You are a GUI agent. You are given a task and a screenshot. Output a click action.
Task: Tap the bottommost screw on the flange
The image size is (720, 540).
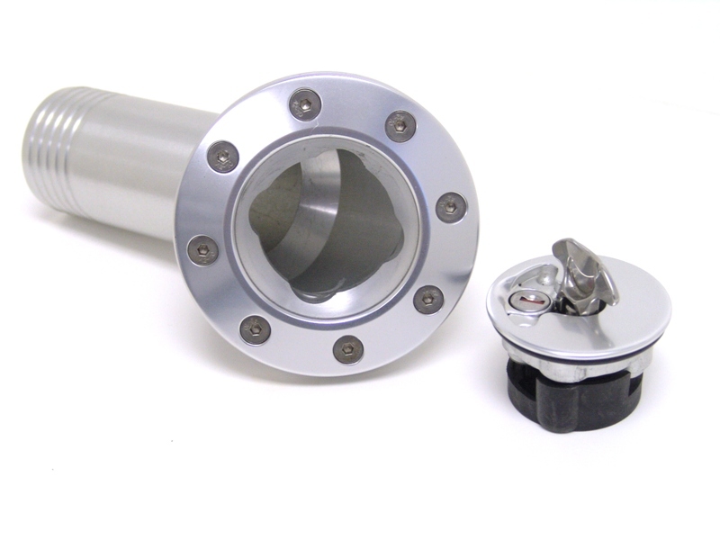point(348,349)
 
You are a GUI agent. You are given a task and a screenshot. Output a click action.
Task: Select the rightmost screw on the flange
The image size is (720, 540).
point(451,207)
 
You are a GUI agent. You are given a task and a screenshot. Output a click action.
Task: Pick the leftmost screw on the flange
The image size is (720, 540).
point(202,249)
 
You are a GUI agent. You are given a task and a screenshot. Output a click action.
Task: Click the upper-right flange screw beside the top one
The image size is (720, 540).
point(400,125)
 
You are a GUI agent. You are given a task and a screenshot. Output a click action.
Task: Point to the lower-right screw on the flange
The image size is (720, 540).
point(428,299)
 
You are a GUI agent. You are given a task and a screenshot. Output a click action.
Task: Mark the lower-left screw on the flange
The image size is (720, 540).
point(256,329)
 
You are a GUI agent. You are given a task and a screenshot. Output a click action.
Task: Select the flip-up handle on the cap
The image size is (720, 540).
point(583,270)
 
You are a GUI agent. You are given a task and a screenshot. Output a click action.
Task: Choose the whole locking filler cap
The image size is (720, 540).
point(576,333)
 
